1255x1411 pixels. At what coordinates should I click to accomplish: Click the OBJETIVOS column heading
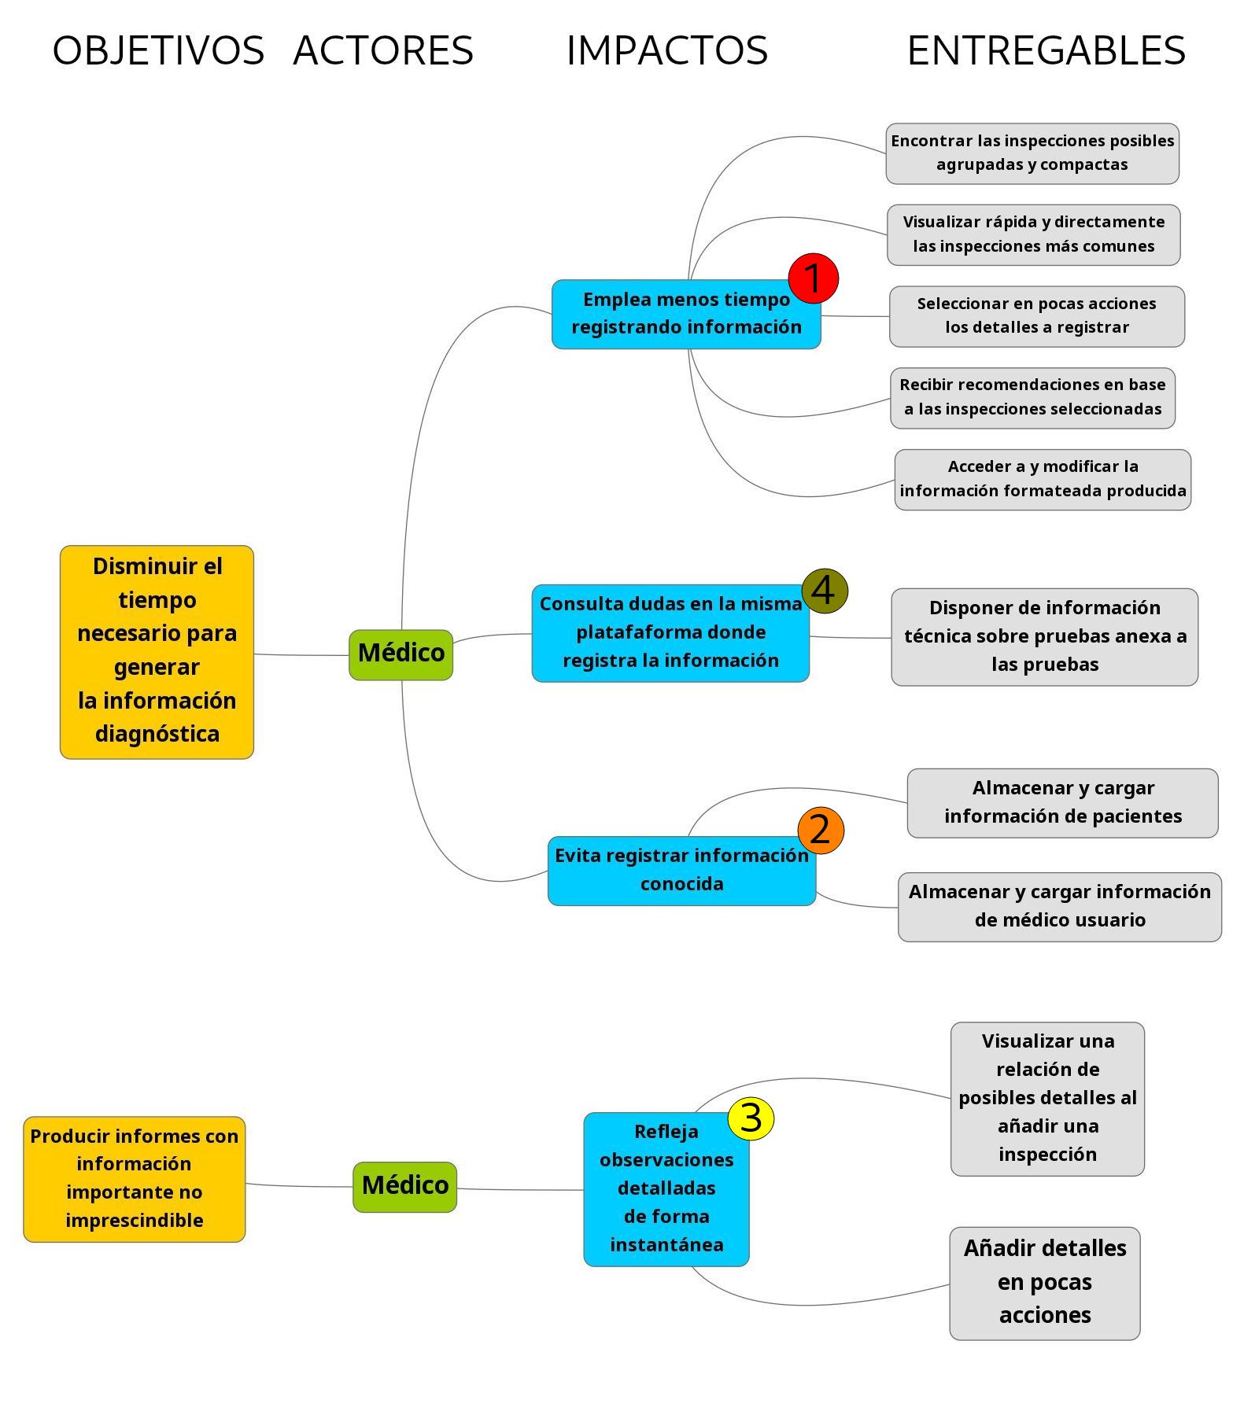tap(158, 51)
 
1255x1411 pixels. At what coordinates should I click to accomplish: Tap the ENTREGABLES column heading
tap(1046, 51)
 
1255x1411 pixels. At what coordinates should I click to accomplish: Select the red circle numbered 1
tap(814, 278)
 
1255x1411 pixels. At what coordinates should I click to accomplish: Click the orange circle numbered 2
tap(821, 831)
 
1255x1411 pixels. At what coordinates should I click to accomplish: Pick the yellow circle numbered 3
tap(751, 1118)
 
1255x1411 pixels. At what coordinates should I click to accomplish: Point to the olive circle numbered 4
tap(825, 591)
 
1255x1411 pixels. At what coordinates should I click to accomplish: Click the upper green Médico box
tap(401, 654)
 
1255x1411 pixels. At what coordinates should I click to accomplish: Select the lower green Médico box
tap(404, 1187)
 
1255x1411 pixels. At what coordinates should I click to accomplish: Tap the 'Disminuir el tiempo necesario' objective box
tap(157, 652)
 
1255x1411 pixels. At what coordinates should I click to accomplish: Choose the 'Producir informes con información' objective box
tap(135, 1179)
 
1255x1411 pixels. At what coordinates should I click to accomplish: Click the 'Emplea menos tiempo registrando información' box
tap(686, 314)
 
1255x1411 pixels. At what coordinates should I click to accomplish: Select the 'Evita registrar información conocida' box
tap(681, 871)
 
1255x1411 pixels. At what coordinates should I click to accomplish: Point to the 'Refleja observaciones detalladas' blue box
tap(666, 1189)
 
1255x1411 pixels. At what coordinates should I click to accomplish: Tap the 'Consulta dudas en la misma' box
tap(670, 633)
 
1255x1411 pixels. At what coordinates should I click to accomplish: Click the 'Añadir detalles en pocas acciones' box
tap(1045, 1284)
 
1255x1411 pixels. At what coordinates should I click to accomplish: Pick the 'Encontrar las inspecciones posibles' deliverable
tap(1032, 153)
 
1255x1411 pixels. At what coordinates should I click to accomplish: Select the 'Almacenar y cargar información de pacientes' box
tap(1063, 803)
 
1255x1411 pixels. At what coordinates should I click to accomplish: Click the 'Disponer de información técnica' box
tap(1045, 637)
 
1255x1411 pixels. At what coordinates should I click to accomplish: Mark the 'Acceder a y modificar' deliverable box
tap(1043, 480)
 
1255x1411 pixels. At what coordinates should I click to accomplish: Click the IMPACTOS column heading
tap(667, 51)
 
